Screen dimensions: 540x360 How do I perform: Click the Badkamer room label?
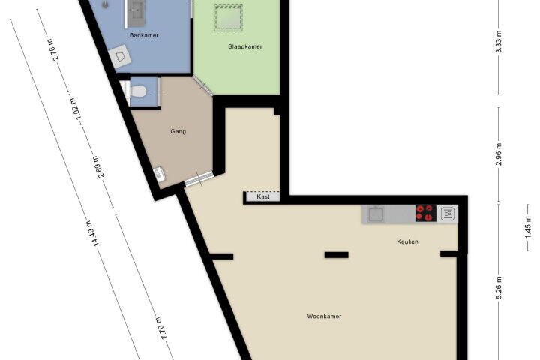[x=144, y=35]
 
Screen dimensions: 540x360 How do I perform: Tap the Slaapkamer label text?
[x=245, y=46]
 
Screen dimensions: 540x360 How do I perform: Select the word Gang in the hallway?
[x=178, y=131]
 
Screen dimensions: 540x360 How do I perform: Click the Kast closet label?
[x=263, y=196]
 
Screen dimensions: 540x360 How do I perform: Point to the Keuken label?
[x=407, y=241]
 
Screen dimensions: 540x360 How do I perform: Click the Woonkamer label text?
[x=324, y=316]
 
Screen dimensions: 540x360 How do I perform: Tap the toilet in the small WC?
[x=137, y=91]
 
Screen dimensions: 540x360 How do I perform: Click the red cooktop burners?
[x=426, y=213]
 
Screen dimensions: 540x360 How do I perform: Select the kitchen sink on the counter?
[x=376, y=214]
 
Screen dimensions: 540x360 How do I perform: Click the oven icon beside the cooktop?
[x=447, y=214]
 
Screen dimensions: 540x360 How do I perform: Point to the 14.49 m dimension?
[x=91, y=233]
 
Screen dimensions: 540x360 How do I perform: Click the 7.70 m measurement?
[x=161, y=328]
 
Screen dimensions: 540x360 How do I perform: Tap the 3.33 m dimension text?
[x=498, y=42]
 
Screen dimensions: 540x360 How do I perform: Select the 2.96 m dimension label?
[x=498, y=154]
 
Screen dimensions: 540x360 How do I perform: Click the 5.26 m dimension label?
[x=499, y=288]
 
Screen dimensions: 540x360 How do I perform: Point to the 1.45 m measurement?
[x=527, y=226]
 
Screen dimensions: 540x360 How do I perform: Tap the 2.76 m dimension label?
[x=54, y=49]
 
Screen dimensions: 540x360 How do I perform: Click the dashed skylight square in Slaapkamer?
[x=228, y=18]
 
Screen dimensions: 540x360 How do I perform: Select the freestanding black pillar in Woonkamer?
[x=337, y=255]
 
